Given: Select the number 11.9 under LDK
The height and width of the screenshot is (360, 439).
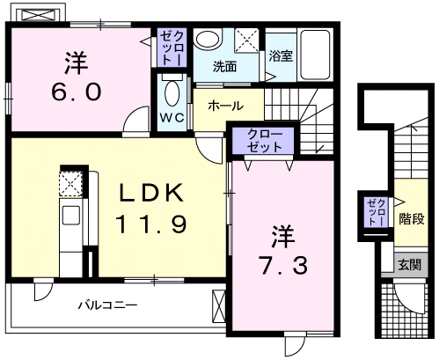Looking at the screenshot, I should pyautogui.click(x=150, y=224).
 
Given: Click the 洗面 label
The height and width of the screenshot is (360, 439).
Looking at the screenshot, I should pyautogui.click(x=225, y=65).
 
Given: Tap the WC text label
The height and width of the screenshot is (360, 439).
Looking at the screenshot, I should pyautogui.click(x=172, y=117).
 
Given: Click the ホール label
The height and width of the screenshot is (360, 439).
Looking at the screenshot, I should pyautogui.click(x=227, y=106).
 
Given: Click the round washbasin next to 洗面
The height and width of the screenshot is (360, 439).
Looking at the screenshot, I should pyautogui.click(x=208, y=39).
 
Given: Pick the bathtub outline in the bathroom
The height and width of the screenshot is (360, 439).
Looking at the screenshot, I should pyautogui.click(x=315, y=52).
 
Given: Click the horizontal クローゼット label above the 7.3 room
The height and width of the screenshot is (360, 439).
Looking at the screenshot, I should pyautogui.click(x=265, y=142).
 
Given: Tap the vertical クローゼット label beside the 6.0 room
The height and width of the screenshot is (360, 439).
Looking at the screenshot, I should pyautogui.click(x=169, y=48).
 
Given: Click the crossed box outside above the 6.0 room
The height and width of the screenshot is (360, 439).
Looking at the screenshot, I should pyautogui.click(x=37, y=16).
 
